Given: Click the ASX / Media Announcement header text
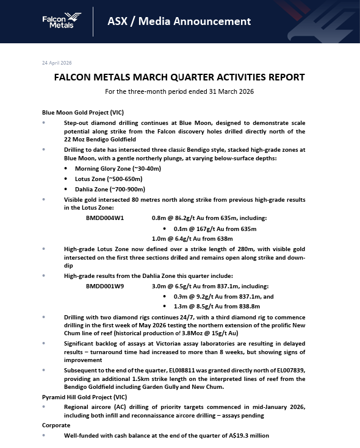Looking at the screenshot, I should pos(179,21).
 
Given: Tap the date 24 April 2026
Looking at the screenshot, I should pos(57,63).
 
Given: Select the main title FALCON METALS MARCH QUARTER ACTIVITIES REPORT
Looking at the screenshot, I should pos(179,78).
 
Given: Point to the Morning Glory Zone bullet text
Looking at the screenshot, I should pos(110,168).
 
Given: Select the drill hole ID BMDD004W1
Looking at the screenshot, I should pos(105,218).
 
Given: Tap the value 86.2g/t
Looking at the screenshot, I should pos(189,218).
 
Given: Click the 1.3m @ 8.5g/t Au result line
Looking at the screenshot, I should pos(217,306).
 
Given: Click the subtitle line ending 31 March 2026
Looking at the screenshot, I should pos(179,92).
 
